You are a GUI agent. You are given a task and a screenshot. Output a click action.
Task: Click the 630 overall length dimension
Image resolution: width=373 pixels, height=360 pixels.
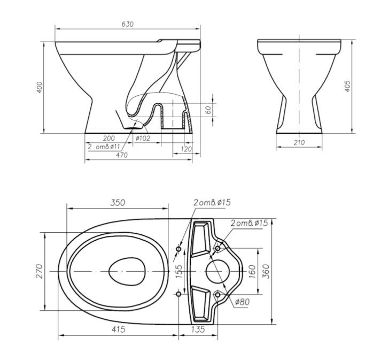[127, 24]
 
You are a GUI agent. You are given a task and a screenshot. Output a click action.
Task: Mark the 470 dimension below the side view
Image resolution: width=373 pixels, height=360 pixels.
[122, 155]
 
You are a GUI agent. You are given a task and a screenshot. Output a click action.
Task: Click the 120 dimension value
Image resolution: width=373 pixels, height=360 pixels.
[186, 149]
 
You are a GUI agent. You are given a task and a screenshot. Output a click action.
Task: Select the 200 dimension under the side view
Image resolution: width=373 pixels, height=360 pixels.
[109, 137]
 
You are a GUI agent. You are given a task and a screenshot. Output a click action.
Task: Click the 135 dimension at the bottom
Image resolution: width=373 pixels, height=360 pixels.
[197, 330]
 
